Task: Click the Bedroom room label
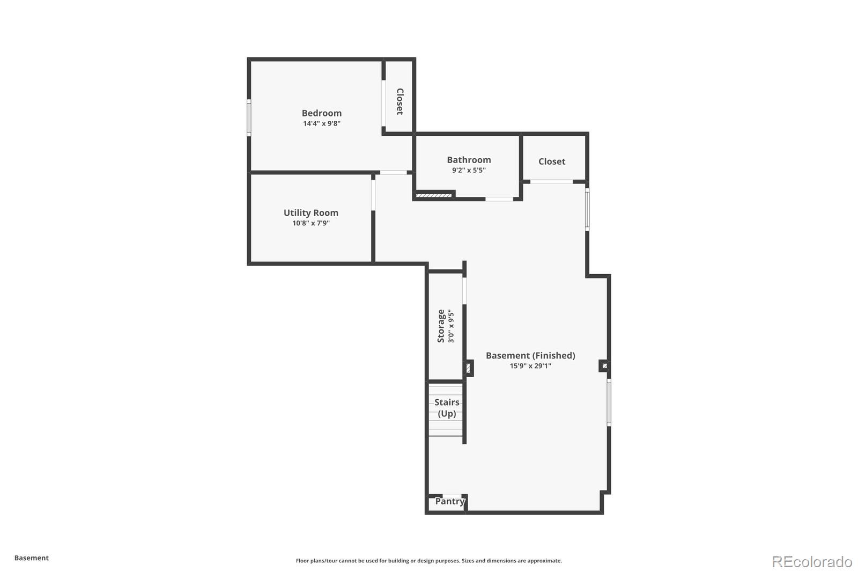pos(321,113)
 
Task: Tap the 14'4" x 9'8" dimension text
pos(321,123)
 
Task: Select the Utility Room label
pos(310,212)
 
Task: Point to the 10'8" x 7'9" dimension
pos(310,223)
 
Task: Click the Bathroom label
pos(469,159)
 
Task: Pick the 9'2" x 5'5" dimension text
pos(469,171)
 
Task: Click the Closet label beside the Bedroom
pos(400,101)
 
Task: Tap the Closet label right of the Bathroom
pos(552,161)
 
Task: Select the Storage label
pos(441,326)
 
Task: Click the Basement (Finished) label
pos(530,355)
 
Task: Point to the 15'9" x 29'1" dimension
pos(530,366)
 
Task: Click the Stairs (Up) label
pos(447,408)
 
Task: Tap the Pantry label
pos(449,501)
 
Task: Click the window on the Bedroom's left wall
pos(249,118)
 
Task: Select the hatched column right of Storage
pos(468,368)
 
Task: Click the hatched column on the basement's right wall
pos(604,366)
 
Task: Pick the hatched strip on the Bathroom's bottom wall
pos(434,195)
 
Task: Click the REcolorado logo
pos(811,561)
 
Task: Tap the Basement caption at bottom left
pos(31,558)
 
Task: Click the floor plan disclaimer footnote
pos(428,561)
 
